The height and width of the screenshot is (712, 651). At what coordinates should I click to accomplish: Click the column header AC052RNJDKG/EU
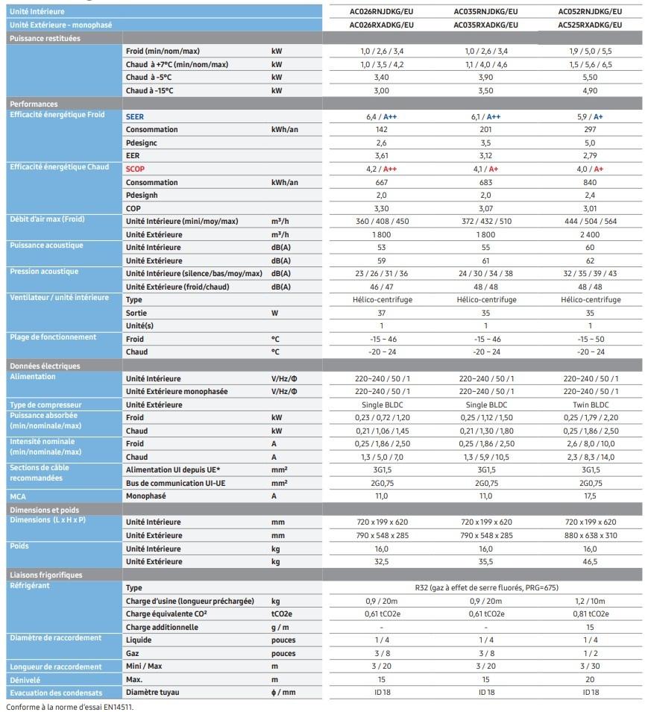click(x=589, y=12)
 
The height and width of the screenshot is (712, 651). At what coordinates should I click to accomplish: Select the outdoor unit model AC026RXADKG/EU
click(x=382, y=25)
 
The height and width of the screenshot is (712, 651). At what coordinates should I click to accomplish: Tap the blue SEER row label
click(x=135, y=116)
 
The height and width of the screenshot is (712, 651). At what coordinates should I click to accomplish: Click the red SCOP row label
click(x=136, y=169)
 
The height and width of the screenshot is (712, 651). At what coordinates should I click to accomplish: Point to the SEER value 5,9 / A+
click(x=589, y=116)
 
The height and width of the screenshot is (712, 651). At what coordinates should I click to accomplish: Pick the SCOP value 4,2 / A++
click(x=382, y=169)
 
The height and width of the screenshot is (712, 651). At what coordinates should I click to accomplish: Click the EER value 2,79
click(x=589, y=156)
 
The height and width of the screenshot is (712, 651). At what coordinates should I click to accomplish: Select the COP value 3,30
click(x=382, y=208)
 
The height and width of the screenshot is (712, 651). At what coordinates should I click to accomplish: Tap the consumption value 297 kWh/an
click(x=589, y=129)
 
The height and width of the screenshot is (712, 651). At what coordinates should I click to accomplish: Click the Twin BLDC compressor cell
click(x=589, y=405)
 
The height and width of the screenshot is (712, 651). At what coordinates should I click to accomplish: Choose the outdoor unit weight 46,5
click(x=589, y=561)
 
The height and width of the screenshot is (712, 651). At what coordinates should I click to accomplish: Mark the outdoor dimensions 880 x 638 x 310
click(x=589, y=535)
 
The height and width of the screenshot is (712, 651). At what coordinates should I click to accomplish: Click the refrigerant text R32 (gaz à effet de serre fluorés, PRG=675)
click(x=485, y=587)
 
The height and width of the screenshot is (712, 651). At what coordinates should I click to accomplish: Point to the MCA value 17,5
click(x=589, y=496)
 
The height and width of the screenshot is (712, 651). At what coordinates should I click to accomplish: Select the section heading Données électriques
click(x=45, y=366)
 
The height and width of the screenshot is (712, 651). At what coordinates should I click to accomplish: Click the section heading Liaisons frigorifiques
click(x=46, y=575)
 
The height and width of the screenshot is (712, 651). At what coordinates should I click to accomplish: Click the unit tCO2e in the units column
click(x=282, y=613)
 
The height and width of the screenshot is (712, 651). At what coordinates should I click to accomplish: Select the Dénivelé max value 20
click(x=589, y=679)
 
